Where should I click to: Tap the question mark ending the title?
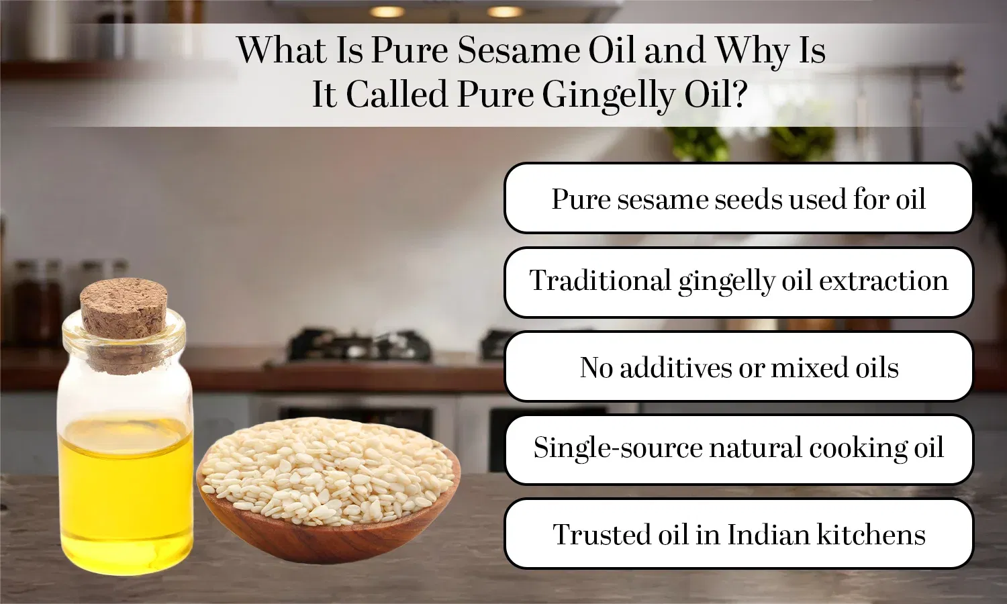point(739,94)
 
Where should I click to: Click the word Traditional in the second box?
point(600,281)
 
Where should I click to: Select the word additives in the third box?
point(675,368)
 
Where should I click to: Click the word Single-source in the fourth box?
point(617,448)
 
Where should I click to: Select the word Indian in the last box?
point(769,535)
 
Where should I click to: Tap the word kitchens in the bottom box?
point(871,535)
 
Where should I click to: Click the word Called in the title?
point(396,95)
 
